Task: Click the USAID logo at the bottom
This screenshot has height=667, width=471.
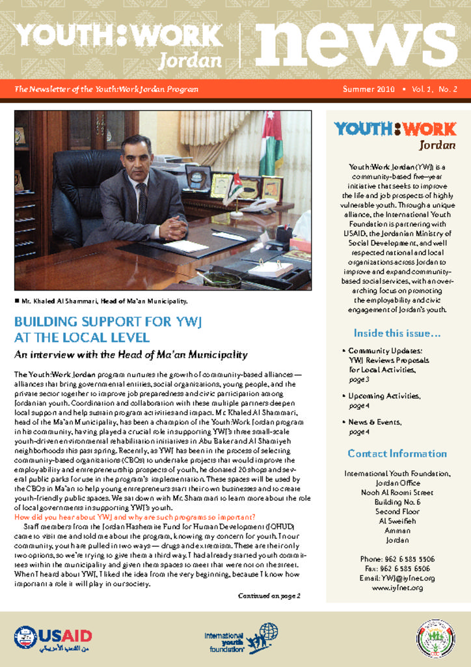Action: (x=53, y=638)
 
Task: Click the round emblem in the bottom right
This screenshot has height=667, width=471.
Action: (x=435, y=638)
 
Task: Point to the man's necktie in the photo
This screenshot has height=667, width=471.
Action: (x=141, y=202)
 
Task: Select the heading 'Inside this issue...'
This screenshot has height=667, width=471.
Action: (x=397, y=333)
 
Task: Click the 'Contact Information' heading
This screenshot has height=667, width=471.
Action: (x=397, y=453)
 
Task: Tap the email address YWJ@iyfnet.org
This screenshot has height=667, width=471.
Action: (x=397, y=578)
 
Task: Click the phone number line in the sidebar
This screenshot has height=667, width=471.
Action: (x=397, y=559)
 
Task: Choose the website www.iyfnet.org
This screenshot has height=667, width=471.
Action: (x=397, y=588)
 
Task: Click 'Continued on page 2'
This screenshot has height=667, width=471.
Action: (x=269, y=595)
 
